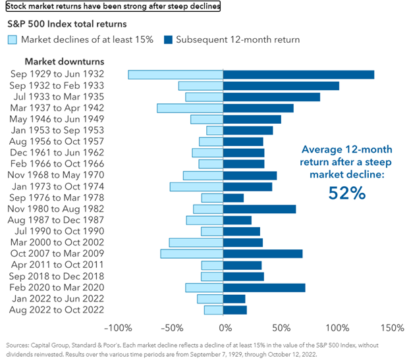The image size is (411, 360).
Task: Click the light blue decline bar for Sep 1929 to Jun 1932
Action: (x=176, y=74)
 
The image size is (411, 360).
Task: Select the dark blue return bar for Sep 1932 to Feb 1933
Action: (x=281, y=86)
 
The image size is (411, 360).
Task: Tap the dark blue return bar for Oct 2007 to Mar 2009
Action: (x=263, y=253)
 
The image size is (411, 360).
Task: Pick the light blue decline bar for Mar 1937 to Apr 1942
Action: (x=190, y=108)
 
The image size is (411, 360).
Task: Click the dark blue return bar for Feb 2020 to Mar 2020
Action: (x=264, y=287)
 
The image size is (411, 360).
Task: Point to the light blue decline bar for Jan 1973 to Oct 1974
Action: (x=197, y=186)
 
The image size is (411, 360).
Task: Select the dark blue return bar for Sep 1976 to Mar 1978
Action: (x=234, y=197)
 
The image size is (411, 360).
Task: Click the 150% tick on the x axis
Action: (x=391, y=327)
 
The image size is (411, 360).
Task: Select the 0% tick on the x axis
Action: (x=225, y=327)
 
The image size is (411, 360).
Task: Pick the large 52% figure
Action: (x=346, y=193)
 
